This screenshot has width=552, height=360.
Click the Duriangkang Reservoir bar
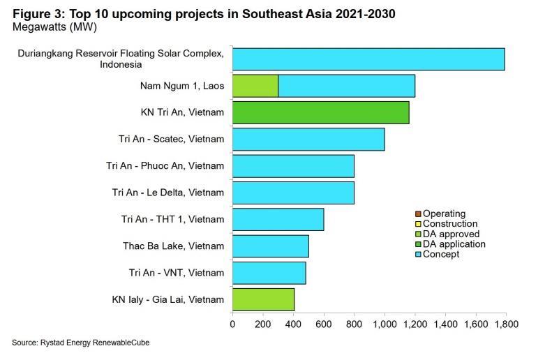click(368, 59)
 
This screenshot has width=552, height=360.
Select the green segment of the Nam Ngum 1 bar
click(255, 86)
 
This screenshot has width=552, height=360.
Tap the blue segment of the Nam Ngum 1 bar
click(347, 86)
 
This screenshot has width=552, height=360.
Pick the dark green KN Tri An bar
click(321, 112)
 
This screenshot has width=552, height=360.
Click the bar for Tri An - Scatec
click(308, 140)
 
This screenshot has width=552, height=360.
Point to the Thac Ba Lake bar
click(271, 246)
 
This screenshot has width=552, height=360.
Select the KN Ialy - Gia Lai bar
click(263, 299)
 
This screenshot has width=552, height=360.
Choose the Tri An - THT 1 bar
click(278, 220)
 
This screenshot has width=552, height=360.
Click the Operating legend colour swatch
click(418, 214)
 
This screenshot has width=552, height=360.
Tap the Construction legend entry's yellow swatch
click(418, 224)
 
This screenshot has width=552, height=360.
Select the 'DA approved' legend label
click(451, 234)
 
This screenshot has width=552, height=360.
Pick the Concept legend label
click(441, 254)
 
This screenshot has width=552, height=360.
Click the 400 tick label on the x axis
click(293, 324)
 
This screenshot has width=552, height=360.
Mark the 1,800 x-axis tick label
click(507, 324)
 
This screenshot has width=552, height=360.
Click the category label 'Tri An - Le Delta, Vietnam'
click(168, 193)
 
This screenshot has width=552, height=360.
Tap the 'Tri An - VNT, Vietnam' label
click(177, 273)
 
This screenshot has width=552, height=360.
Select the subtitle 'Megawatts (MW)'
click(54, 27)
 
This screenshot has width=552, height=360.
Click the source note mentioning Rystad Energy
click(81, 343)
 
